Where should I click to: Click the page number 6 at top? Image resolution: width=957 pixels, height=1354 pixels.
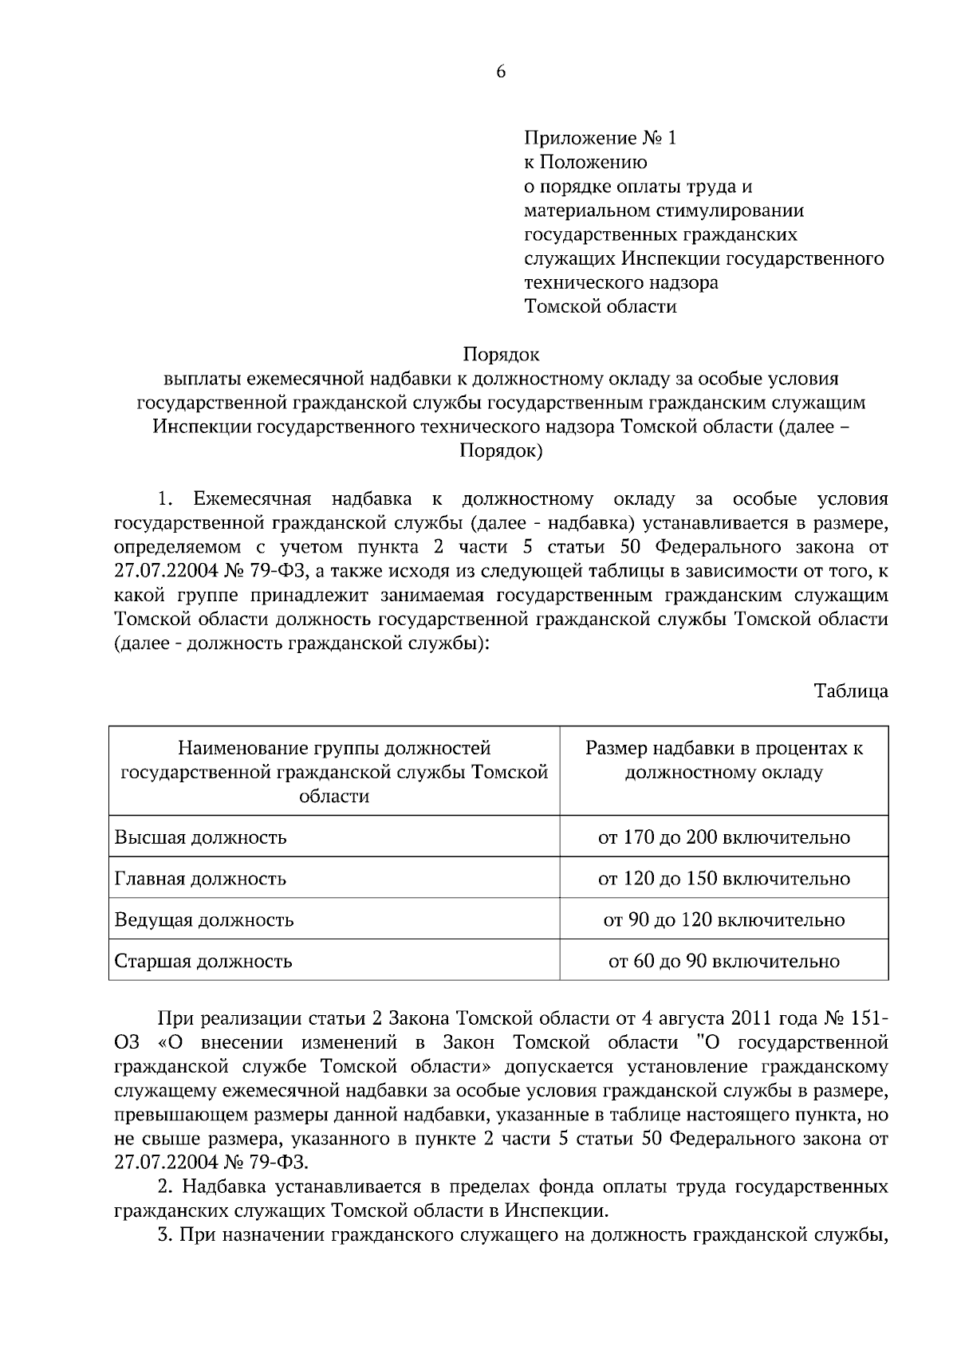point(501,72)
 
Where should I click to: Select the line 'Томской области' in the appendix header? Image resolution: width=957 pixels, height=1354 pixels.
point(600,306)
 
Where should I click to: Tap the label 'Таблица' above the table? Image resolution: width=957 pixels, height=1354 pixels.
point(851,691)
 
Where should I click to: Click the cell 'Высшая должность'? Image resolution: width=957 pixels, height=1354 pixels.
point(201,837)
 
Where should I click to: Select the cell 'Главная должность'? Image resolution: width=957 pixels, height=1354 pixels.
point(201,879)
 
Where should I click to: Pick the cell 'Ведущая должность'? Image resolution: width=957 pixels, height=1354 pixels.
point(204,920)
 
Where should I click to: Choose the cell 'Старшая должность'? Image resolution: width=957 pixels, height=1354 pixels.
point(203,961)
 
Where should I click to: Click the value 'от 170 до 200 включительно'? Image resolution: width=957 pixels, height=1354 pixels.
point(724,837)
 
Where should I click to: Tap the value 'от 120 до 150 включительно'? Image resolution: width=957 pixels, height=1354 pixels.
point(724,879)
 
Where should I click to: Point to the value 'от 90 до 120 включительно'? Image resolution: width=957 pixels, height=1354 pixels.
point(724,920)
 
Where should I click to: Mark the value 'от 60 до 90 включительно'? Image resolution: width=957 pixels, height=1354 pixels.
point(724,961)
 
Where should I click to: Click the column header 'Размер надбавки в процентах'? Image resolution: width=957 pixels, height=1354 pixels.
point(724,748)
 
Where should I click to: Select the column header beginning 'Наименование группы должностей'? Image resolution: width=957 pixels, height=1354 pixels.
point(334,748)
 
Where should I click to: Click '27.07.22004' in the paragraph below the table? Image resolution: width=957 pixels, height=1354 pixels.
point(163,1163)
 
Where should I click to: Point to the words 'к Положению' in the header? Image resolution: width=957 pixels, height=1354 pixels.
point(585,163)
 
